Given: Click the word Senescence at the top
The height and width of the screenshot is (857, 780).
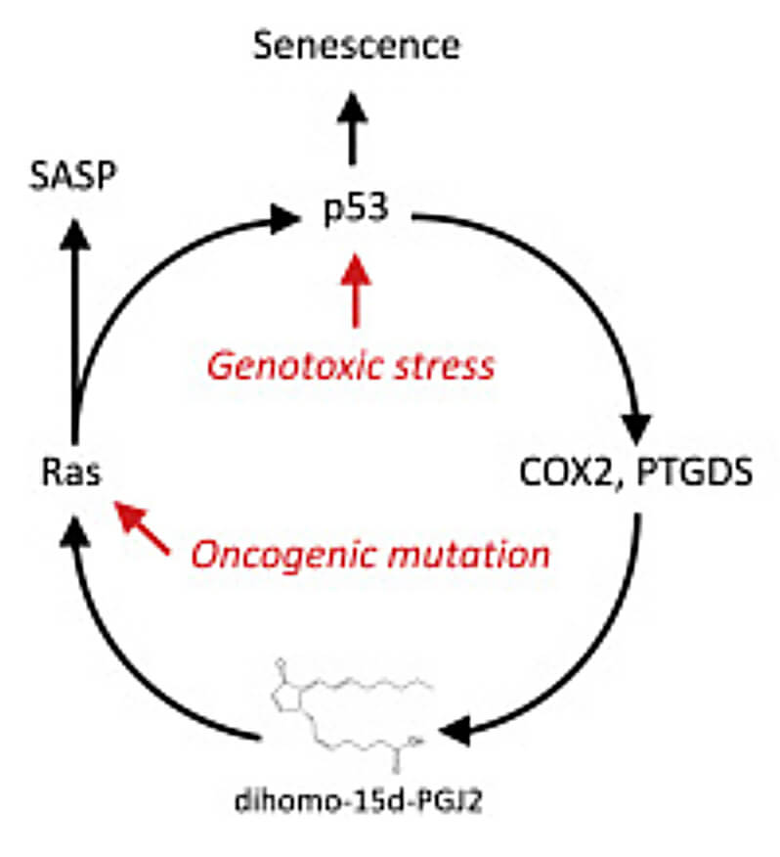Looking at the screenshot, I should click(x=356, y=46).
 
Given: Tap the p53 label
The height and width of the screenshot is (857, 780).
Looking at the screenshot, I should click(x=356, y=211).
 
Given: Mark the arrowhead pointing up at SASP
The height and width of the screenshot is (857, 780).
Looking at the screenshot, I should click(x=71, y=233).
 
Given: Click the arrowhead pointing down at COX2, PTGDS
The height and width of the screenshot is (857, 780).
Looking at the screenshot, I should click(x=636, y=427).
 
